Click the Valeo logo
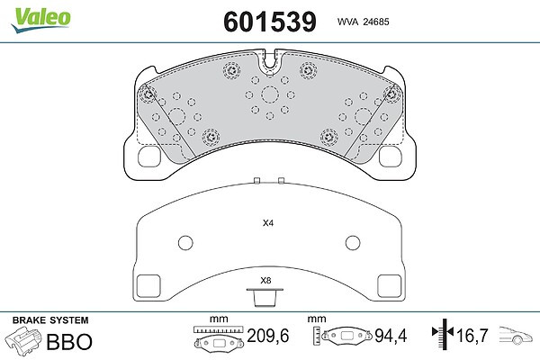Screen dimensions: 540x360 click(x=41, y=19)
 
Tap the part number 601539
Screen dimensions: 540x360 click(x=270, y=22)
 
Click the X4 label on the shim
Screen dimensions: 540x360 click(x=268, y=223)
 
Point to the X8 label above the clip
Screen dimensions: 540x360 click(x=265, y=281)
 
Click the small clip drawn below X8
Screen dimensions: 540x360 click(x=265, y=297)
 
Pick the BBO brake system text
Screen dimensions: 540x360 click(x=69, y=341)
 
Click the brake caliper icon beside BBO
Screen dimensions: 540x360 click(x=23, y=339)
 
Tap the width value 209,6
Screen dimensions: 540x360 click(x=268, y=336)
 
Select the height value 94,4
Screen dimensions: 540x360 click(x=391, y=336)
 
